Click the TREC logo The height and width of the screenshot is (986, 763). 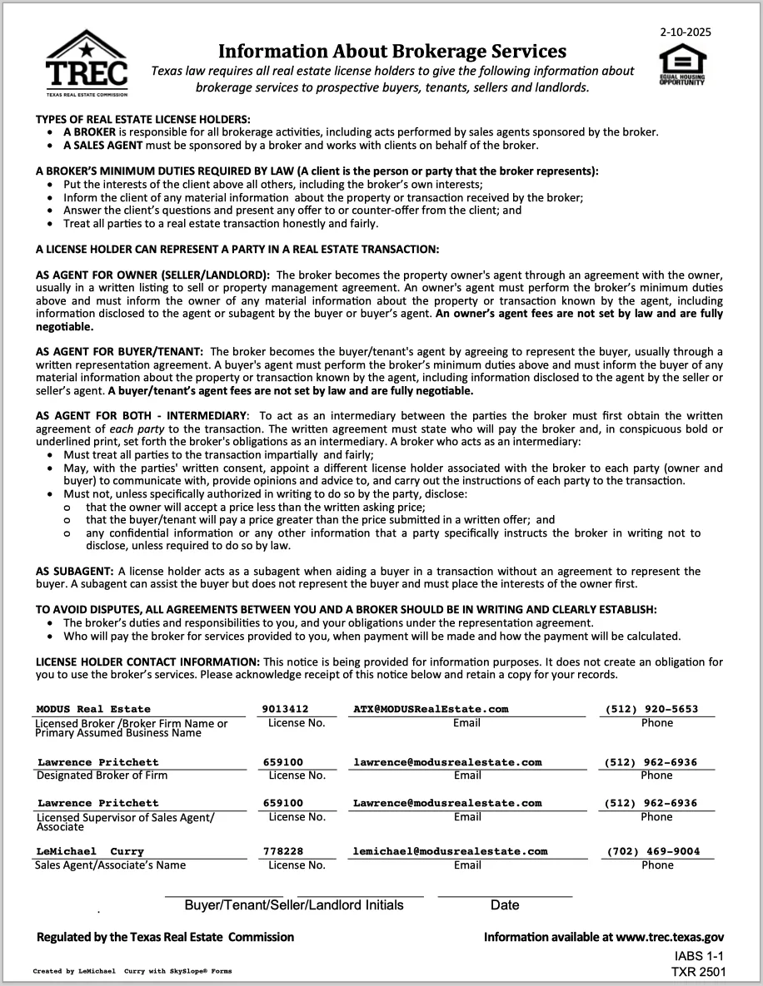click(x=87, y=64)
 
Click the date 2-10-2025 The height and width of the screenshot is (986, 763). click(x=686, y=33)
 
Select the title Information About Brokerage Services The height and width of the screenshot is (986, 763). click(x=392, y=52)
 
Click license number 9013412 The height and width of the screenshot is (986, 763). click(x=285, y=710)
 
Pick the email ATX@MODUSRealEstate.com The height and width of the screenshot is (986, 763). click(x=431, y=710)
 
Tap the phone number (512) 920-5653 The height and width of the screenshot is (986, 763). click(x=651, y=710)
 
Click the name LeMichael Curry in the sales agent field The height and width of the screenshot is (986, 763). click(x=90, y=852)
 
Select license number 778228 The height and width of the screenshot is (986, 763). click(x=282, y=851)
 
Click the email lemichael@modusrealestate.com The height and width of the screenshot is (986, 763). click(x=451, y=851)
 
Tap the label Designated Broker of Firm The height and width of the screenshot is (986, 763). click(x=102, y=775)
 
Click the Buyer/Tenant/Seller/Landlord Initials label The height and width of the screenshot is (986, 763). click(x=294, y=905)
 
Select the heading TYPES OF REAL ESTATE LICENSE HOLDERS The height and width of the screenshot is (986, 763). click(x=142, y=120)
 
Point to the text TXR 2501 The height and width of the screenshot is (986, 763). click(x=699, y=972)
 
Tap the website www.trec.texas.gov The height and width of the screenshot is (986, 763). click(x=670, y=937)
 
